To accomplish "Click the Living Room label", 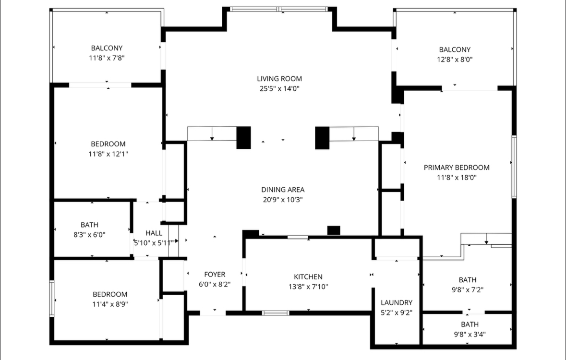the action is point(279,79).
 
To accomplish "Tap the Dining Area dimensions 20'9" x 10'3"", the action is point(283,200).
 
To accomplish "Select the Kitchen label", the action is point(308,277).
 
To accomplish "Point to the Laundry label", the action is point(397,302).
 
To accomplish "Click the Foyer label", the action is point(215,275).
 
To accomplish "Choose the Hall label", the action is point(154,233).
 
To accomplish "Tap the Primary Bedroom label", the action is point(457,168).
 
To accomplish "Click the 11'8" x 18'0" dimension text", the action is point(457,178).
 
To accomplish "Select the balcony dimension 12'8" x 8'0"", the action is point(455,60).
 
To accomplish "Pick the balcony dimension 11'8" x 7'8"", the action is point(107,58).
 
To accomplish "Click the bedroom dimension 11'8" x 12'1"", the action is point(108,154).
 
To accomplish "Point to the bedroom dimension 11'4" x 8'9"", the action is point(110,304).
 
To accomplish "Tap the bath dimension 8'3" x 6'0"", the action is point(89,235).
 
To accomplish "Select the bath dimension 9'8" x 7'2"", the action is point(468,289).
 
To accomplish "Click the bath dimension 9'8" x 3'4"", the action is point(470,335).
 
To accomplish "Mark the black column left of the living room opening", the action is point(244,138).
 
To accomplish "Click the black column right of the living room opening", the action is point(322,138).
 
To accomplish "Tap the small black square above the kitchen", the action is point(334,230).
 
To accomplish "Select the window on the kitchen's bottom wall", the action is point(276,313).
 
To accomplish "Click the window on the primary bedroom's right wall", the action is point(514,167).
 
